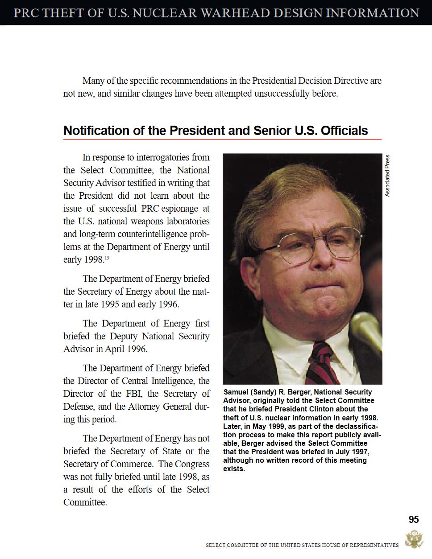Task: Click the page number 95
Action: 413,519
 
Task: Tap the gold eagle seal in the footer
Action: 414,539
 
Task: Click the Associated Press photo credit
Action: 387,176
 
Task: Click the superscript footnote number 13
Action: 107,258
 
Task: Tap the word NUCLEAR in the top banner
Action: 165,12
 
